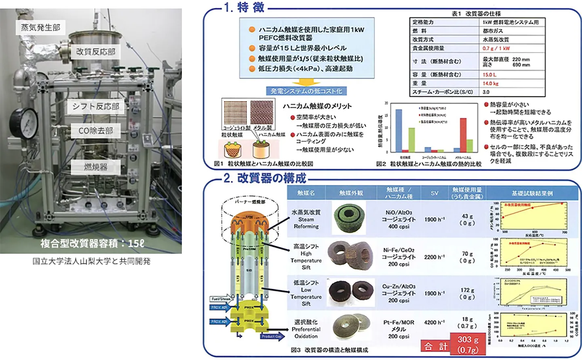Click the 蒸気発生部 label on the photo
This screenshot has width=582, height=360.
[x=40, y=28]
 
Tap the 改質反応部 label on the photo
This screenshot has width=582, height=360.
[x=96, y=52]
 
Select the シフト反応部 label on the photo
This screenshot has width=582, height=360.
[x=96, y=106]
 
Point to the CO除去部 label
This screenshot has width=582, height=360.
[x=96, y=131]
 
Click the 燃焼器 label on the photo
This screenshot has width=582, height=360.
[x=96, y=167]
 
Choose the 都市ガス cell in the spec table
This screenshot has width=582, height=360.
[x=493, y=31]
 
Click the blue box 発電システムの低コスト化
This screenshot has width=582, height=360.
[x=306, y=91]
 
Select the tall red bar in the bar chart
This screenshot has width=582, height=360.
[x=463, y=135]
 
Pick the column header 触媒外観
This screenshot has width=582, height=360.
[x=351, y=193]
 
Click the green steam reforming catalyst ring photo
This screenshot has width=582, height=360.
[x=349, y=219]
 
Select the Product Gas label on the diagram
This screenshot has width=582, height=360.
[x=271, y=336]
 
